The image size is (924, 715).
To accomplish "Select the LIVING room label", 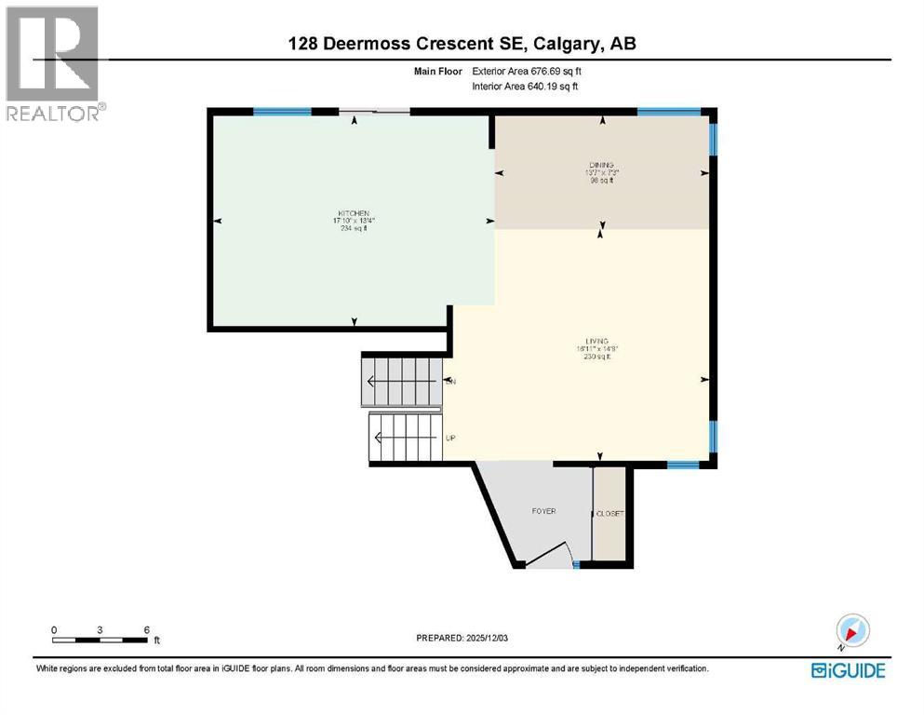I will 597,342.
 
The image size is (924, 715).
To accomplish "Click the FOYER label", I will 544,511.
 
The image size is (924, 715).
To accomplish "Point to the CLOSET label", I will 610,514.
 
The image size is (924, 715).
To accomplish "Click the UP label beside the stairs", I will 450,438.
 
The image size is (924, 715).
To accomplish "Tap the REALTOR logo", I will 52,64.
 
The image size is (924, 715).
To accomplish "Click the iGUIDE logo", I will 848,670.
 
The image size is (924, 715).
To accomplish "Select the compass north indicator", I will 853,630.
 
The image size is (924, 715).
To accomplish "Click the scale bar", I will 100,640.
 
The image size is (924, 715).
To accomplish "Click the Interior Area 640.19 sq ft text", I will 526,87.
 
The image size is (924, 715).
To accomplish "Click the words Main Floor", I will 437,71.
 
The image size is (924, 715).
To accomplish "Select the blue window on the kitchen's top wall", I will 282,112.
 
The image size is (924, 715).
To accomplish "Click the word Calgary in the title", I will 561,43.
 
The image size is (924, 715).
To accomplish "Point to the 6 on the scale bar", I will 147,629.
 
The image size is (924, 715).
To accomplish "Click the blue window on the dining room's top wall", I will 668,112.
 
